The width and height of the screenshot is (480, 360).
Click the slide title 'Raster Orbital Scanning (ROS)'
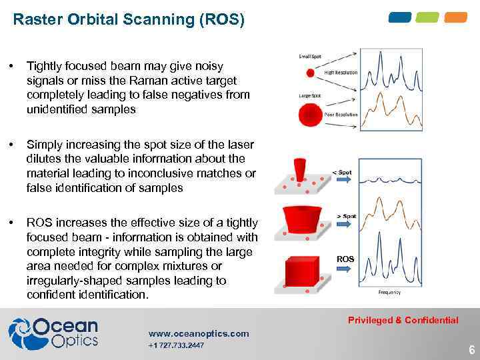pyautogui.click(x=129, y=20)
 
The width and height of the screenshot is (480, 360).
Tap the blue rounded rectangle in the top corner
pyautogui.click(x=400, y=17)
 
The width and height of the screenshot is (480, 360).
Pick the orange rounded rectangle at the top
pyautogui.click(x=456, y=17)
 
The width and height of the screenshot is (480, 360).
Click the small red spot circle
pyautogui.click(x=309, y=73)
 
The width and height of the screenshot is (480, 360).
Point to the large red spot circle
pyautogui.click(x=309, y=115)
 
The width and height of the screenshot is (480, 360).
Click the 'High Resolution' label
pyautogui.click(x=341, y=73)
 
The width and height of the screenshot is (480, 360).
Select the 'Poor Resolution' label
pyautogui.click(x=341, y=115)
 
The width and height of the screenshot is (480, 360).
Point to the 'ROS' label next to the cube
pyautogui.click(x=345, y=259)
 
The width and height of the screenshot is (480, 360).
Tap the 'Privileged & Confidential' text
pyautogui.click(x=403, y=320)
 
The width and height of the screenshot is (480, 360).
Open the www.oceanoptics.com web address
pyautogui.click(x=199, y=333)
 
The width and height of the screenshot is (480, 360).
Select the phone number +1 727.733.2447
pyautogui.click(x=176, y=345)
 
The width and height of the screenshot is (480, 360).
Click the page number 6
pyautogui.click(x=471, y=349)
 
